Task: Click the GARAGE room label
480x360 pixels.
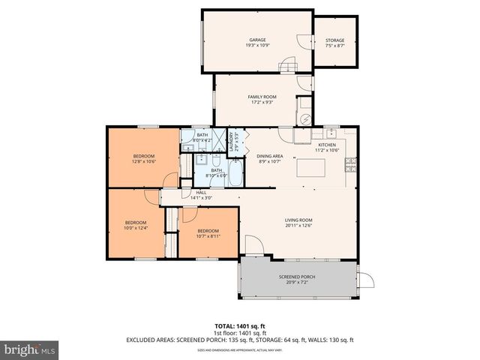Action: pos(257,40)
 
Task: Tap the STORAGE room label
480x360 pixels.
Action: pos(334,40)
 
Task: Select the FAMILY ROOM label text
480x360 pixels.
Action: pos(262,97)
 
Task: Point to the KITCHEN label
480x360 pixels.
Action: pos(327,145)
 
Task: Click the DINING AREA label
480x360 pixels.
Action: pos(269,157)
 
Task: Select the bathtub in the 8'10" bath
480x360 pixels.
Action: pos(233,177)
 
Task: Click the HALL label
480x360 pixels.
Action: pos(201,193)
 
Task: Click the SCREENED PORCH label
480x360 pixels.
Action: pos(297,277)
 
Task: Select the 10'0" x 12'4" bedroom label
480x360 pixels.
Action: pos(135,224)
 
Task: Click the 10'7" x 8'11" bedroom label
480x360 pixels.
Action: pos(208,233)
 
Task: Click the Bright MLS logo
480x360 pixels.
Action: pos(29,349)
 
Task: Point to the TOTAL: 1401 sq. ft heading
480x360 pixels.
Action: pos(240,326)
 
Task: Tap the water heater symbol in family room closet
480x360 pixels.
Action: pos(305,118)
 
